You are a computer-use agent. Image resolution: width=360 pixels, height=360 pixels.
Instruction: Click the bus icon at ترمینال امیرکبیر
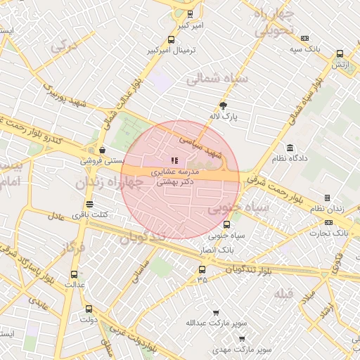(x=172, y=40)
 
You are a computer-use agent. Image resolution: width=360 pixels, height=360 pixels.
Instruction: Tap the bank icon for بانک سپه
(x=304, y=38)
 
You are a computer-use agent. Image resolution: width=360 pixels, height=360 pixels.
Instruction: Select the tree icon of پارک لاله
(x=224, y=105)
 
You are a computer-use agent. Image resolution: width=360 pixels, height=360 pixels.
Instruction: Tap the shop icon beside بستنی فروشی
(x=103, y=150)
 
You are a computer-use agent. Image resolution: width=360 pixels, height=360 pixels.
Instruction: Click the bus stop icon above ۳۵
(x=202, y=269)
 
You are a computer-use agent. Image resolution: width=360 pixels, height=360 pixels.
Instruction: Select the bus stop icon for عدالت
(x=75, y=274)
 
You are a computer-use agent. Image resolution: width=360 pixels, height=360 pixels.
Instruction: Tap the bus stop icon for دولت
(x=89, y=309)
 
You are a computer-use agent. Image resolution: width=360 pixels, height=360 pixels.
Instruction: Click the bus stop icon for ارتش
(x=340, y=53)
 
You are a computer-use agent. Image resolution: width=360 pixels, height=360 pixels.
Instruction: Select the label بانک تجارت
(x=330, y=231)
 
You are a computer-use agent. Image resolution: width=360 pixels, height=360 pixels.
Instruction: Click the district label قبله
(x=284, y=292)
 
